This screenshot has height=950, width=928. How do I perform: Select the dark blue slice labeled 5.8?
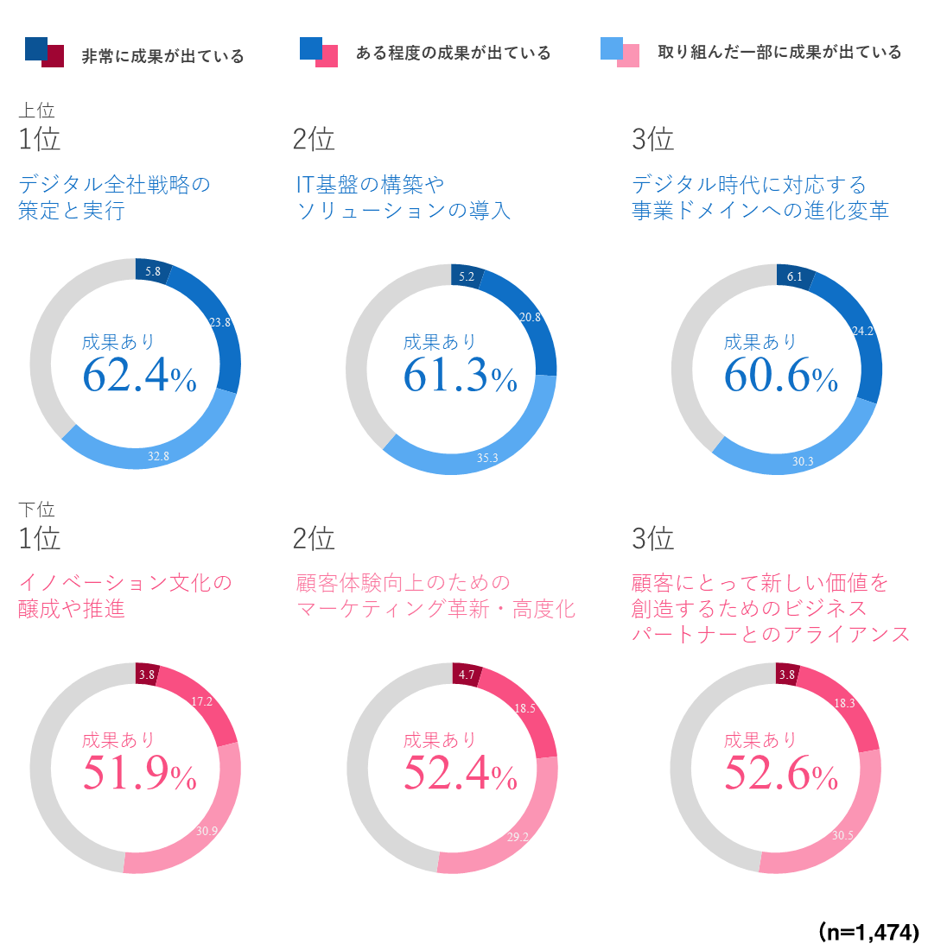152,270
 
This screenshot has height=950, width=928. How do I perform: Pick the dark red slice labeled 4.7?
467,674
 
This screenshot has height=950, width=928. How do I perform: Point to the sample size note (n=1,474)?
868,932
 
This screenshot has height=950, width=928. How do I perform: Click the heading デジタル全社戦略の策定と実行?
114,197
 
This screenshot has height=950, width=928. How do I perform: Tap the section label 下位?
36,510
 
